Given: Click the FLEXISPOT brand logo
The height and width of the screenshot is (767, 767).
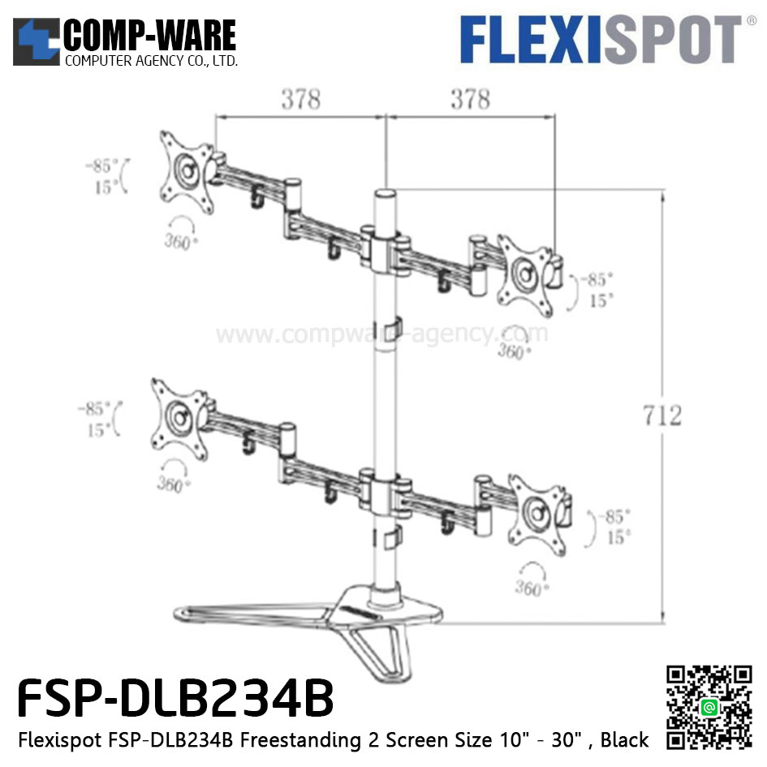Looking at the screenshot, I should [601, 40].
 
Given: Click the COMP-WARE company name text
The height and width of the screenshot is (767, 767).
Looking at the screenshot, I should [150, 36].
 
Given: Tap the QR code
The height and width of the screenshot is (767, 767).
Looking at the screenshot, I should [709, 708].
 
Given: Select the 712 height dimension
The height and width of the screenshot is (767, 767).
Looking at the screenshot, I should [663, 416].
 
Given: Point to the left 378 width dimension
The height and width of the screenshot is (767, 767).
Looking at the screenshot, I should [301, 100].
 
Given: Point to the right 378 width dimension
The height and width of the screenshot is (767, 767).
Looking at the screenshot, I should [471, 100].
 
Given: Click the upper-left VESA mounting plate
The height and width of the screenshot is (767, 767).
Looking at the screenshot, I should [187, 171].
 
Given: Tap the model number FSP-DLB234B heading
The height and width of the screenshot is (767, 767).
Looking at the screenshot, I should [175, 699].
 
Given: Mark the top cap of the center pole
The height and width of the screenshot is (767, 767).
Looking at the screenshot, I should [385, 195].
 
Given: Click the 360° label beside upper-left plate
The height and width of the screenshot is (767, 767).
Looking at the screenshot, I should [179, 241].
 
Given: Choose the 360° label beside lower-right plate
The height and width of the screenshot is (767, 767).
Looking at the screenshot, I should [530, 588].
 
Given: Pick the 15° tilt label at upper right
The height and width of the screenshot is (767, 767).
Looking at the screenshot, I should [601, 300].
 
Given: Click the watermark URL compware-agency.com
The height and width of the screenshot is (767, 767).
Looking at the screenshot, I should [381, 334].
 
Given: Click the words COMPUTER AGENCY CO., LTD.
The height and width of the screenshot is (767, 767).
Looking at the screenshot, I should [151, 62].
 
